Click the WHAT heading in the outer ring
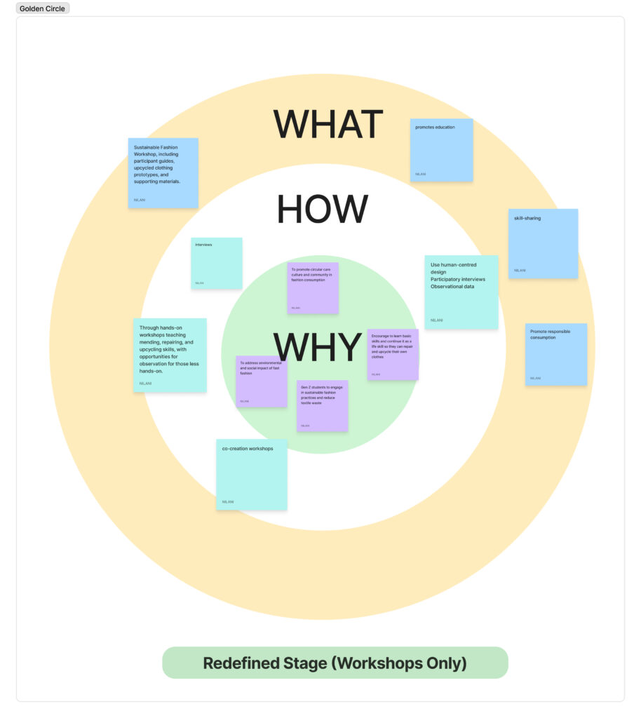pos(328,125)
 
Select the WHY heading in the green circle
pos(318,346)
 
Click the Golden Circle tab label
pos(42,8)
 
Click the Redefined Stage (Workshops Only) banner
pos(335,663)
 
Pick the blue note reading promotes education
pos(441,150)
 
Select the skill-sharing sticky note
pos(543,243)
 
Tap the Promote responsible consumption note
pos(555,354)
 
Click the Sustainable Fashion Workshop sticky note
pos(163,172)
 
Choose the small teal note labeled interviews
pos(217,263)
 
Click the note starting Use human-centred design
pos(461,292)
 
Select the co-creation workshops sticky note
pos(251,475)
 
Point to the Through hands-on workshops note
pos(170,355)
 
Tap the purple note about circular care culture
pos(313,287)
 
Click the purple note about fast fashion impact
pos(261,381)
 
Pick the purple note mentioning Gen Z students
pos(322,405)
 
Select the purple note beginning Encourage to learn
pos(393,354)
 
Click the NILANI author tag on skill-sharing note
pos(519,270)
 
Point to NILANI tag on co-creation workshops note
pos(228,501)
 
